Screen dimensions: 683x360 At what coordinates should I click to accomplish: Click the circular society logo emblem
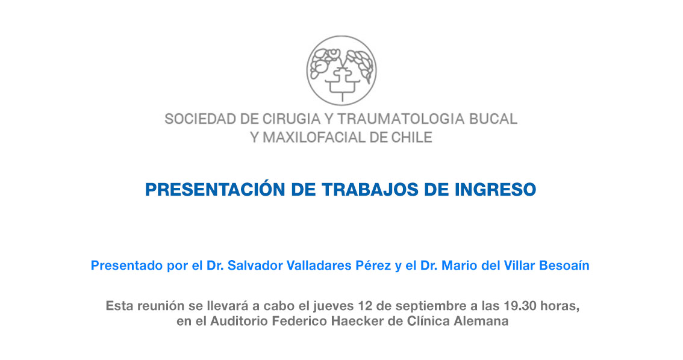[x=341, y=70]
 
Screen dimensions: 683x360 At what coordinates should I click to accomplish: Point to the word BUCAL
[x=493, y=119]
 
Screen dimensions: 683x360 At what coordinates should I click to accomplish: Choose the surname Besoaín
[x=564, y=265]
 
